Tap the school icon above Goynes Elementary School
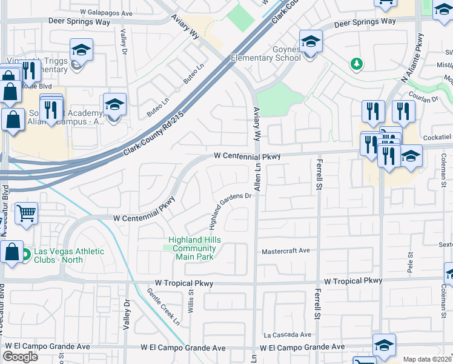(x=311, y=41)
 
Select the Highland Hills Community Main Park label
(x=194, y=248)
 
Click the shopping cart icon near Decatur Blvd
(x=26, y=213)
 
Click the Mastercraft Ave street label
(x=285, y=251)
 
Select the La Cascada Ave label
(x=287, y=334)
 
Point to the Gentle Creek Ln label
(x=164, y=306)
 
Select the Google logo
(x=20, y=357)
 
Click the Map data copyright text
(x=428, y=359)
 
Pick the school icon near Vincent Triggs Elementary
(x=81, y=50)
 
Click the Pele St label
(x=410, y=265)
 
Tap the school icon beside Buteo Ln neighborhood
(x=114, y=104)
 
